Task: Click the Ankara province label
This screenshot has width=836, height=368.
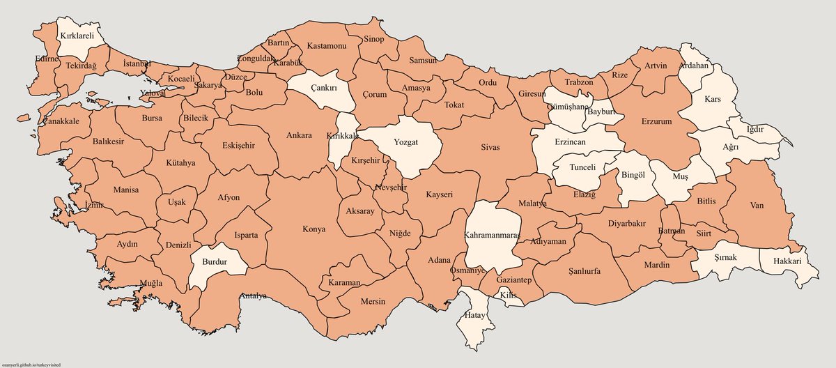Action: (299, 135)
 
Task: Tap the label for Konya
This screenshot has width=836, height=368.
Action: (313, 229)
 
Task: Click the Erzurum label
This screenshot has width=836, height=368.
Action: (655, 121)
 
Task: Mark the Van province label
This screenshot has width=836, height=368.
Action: (757, 206)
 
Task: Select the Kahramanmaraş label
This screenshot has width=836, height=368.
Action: (493, 235)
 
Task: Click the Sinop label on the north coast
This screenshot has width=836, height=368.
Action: (373, 39)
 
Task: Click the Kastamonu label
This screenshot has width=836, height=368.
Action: (327, 46)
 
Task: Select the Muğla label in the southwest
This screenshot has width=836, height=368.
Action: (151, 283)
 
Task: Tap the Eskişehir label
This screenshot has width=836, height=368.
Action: (238, 146)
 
